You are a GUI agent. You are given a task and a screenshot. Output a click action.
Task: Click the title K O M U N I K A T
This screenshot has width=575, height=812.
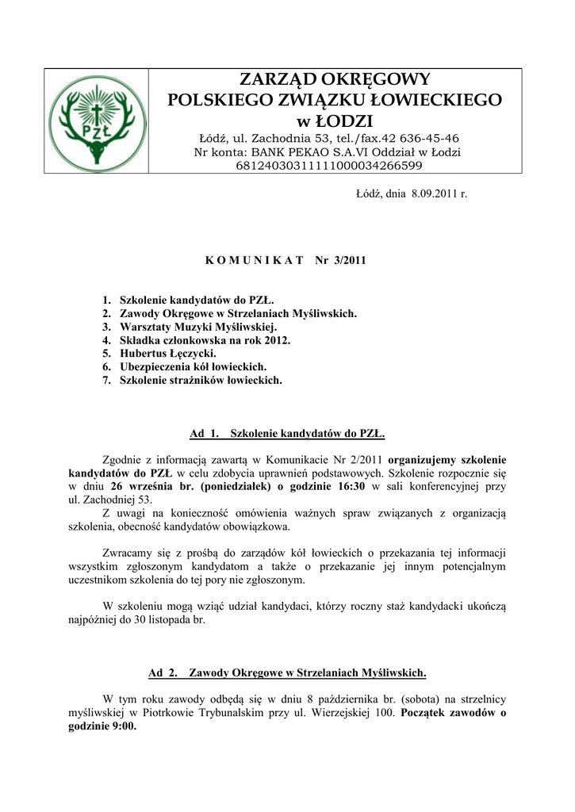pos(248,259)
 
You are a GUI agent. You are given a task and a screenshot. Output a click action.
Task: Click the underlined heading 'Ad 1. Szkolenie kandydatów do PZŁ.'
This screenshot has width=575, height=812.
pos(287,433)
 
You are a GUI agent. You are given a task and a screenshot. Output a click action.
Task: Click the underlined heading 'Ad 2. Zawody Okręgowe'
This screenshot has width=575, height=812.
pos(287,673)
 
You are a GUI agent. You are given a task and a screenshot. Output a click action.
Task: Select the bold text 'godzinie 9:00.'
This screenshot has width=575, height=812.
pos(102,726)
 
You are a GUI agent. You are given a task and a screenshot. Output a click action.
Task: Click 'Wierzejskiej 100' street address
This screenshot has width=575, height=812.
pos(355,713)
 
